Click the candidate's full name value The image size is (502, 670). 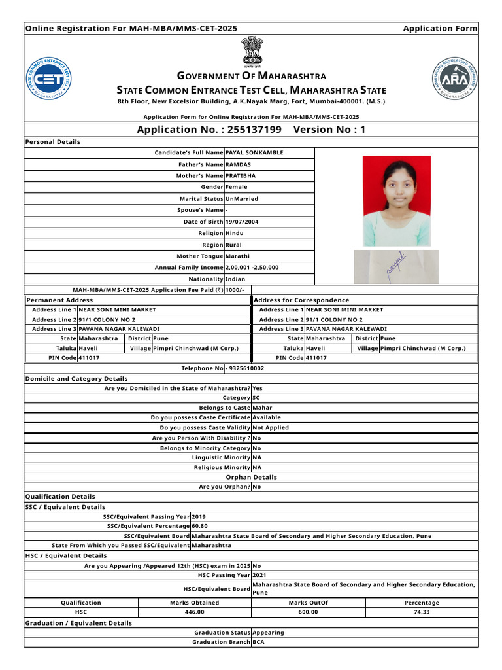tap(254, 152)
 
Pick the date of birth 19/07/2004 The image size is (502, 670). tap(241, 222)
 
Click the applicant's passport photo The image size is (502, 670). tap(397, 200)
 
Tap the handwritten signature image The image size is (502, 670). tap(396, 266)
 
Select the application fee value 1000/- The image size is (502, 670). tap(235, 290)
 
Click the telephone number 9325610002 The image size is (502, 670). tap(246, 369)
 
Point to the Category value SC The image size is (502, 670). tap(256, 398)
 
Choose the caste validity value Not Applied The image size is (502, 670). tap(270, 428)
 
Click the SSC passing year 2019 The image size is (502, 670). tap(198, 516)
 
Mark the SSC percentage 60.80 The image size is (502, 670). tap(199, 526)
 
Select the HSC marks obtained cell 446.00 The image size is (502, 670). tap(195, 612)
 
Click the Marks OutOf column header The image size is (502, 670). tap(308, 603)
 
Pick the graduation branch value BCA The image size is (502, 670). tap(258, 643)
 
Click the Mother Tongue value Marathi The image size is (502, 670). tap(237, 256)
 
